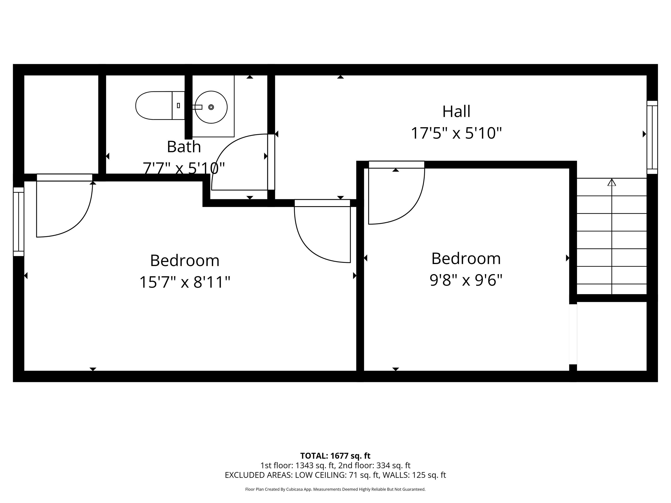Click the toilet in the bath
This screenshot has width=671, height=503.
pos(160,106)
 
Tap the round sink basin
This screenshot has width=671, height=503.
pos(211,107)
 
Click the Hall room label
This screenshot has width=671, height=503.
pos(456,112)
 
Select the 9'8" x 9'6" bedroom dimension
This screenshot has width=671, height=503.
pos(466,280)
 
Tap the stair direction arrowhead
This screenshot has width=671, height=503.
pos(612,182)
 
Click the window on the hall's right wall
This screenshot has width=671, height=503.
pos(652,137)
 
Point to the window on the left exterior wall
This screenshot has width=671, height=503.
pos(19,222)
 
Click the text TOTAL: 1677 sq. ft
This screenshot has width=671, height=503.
pos(335,456)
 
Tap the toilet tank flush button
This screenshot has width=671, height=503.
pos(178,106)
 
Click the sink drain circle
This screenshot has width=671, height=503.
pos(211,107)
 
